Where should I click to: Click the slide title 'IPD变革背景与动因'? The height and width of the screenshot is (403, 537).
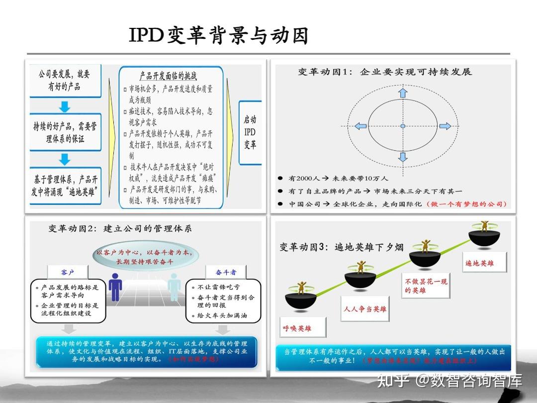[219, 36]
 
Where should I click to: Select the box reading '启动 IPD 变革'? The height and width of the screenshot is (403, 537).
[250, 133]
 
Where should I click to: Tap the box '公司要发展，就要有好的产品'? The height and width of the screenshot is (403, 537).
[65, 81]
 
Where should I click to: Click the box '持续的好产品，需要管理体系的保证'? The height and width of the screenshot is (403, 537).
[65, 132]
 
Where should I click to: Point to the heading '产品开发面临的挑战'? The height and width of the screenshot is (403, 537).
[168, 76]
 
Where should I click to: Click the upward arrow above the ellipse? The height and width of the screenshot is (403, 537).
[403, 93]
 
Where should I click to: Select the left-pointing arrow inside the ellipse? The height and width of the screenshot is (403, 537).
[360, 126]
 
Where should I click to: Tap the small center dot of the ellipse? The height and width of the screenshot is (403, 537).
[403, 126]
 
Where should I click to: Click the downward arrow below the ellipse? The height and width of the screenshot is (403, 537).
[403, 157]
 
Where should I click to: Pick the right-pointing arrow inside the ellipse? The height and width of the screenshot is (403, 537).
[445, 126]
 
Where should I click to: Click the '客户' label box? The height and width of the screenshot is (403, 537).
[67, 272]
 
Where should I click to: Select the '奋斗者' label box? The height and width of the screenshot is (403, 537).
[226, 272]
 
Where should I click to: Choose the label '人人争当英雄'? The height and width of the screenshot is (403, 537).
[365, 309]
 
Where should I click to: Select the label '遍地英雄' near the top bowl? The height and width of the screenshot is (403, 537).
[479, 263]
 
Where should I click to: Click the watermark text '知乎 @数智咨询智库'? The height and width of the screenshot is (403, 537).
[449, 382]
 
